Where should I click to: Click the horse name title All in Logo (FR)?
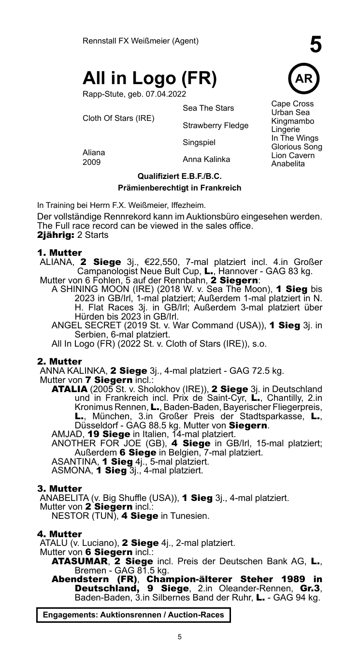(x=150, y=78)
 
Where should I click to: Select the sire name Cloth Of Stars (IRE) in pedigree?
(x=119, y=118)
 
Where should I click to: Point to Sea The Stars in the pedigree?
(x=208, y=108)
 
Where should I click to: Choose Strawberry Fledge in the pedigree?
(x=216, y=126)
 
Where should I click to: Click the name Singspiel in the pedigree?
(x=199, y=143)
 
